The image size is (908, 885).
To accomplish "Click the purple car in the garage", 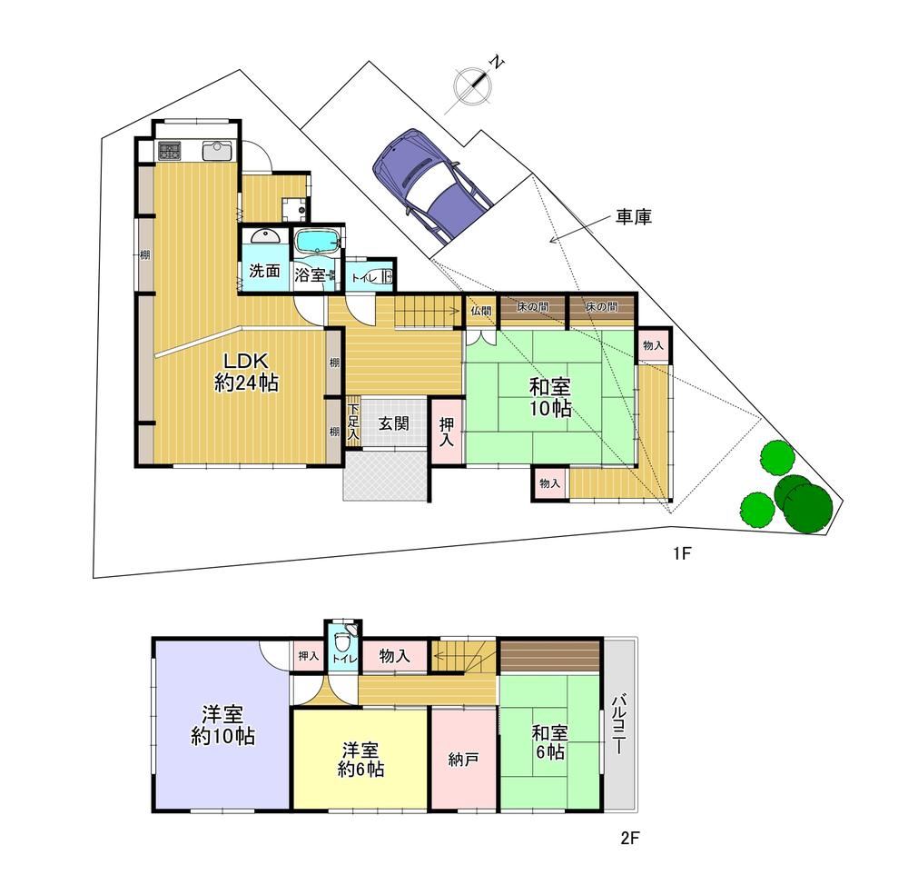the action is coord(431,184).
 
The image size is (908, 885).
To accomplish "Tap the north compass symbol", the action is coord(474,85).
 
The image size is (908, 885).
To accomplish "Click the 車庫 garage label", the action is coord(634,217).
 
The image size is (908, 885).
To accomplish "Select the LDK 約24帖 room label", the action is coord(246,373).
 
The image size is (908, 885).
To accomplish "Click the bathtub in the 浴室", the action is coord(316,242).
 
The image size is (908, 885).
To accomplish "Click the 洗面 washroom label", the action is coord(264,271).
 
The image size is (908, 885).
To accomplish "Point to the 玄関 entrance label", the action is coord(394,423).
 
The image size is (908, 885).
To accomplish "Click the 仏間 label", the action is coord(480,312).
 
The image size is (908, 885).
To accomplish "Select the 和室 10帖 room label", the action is coord(550,398).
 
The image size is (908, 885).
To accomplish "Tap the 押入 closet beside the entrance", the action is coord(447,433).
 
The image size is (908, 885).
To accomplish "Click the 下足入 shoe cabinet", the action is coord(353,422).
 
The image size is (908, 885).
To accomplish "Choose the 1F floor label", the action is coord(682,554).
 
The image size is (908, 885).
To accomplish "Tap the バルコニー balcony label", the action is coord(618,724).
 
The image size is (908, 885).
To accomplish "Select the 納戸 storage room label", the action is coord(463,760).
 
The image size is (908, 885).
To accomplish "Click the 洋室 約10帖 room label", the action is coord(223,725).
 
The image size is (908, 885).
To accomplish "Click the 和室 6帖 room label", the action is coord(549,742).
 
